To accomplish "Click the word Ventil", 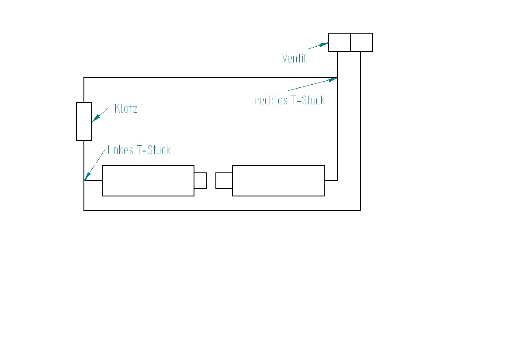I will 295,58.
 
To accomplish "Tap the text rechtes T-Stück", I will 290,100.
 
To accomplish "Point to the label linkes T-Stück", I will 139,151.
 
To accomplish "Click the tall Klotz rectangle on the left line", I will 84,121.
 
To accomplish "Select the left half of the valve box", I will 340,42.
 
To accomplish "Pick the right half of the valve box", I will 361,42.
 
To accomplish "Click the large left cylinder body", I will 148,181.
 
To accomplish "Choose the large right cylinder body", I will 278,181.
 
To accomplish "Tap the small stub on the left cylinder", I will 200,181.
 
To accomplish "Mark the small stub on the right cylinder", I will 224,181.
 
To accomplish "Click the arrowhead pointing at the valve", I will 324,44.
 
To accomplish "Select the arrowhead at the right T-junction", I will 333,79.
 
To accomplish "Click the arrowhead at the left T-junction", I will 86,176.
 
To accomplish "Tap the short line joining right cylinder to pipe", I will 331,180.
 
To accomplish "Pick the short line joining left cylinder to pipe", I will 93,180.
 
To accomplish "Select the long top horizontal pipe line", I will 210,78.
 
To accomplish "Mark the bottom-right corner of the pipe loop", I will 360,210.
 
